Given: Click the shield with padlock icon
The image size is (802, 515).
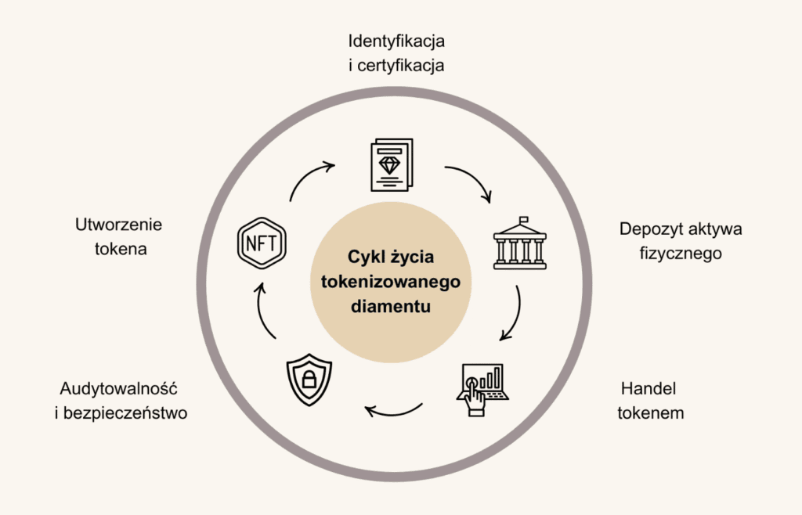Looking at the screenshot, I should [309, 379].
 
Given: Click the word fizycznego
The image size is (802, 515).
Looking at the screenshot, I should [680, 254].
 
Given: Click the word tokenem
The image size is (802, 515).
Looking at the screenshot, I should [650, 413].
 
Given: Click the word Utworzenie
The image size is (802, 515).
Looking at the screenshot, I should [118, 225].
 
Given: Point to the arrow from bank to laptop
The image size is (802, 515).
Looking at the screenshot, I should [513, 313].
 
